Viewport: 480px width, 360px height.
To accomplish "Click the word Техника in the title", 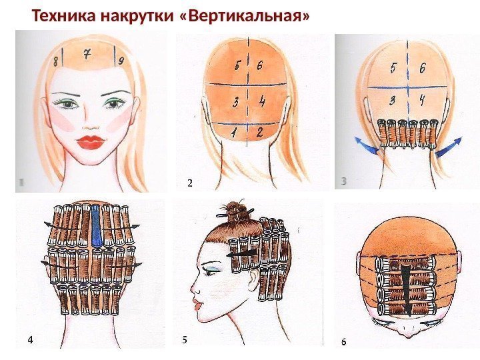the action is click(64, 15).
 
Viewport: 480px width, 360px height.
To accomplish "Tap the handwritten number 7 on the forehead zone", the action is click(87, 55).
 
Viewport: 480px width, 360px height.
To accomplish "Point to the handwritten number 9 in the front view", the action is click(121, 61).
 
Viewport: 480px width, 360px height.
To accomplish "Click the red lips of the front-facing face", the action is click(91, 143).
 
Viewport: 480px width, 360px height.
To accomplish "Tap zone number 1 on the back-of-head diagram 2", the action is click(234, 133).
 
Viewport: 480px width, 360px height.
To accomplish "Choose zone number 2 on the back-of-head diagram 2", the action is click(259, 132).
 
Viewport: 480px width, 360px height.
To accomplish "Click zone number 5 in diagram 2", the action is click(237, 65).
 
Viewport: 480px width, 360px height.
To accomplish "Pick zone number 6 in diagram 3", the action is click(423, 67).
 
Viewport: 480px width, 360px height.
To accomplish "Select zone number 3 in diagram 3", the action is click(393, 100).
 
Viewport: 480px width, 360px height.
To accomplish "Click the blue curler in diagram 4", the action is click(97, 225).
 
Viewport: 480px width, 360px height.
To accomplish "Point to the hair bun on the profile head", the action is click(235, 210).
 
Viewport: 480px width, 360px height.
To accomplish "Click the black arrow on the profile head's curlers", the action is click(243, 254).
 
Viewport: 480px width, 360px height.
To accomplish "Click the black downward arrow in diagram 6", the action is click(407, 289).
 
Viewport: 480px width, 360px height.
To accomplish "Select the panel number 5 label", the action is click(185, 340).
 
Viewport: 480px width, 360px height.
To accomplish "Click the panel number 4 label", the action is click(30, 339).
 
